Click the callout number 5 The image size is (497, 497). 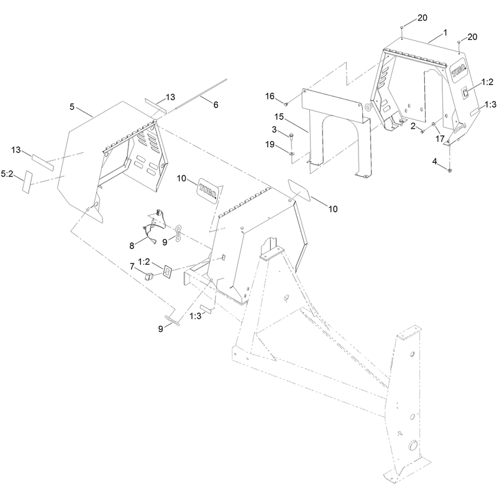tap(72, 107)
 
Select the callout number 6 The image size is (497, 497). tap(216, 104)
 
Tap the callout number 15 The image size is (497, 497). tap(279, 117)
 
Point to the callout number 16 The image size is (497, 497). tap(270, 96)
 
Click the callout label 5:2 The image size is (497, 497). tap(7, 174)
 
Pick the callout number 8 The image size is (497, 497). tap(132, 245)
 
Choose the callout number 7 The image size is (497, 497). tap(132, 267)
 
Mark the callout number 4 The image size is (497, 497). tap(434, 162)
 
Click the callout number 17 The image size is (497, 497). tap(440, 139)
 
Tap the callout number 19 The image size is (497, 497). tap(270, 145)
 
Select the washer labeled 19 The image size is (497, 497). tap(291, 153)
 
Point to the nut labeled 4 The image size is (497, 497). tap(449, 171)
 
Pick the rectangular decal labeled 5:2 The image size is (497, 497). tap(27, 182)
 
